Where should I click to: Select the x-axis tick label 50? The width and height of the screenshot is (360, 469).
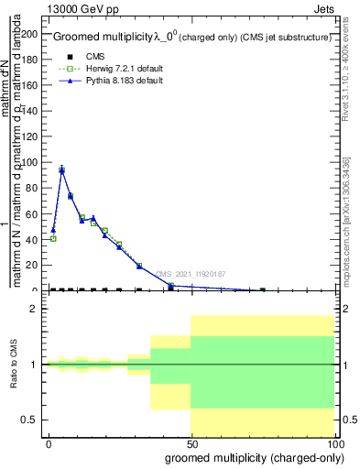(x=191, y=443)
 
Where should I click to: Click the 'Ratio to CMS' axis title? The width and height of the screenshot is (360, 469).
(x=14, y=365)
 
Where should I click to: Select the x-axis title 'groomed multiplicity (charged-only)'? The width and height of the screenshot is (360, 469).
(x=250, y=456)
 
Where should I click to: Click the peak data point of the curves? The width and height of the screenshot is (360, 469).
(x=61, y=169)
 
